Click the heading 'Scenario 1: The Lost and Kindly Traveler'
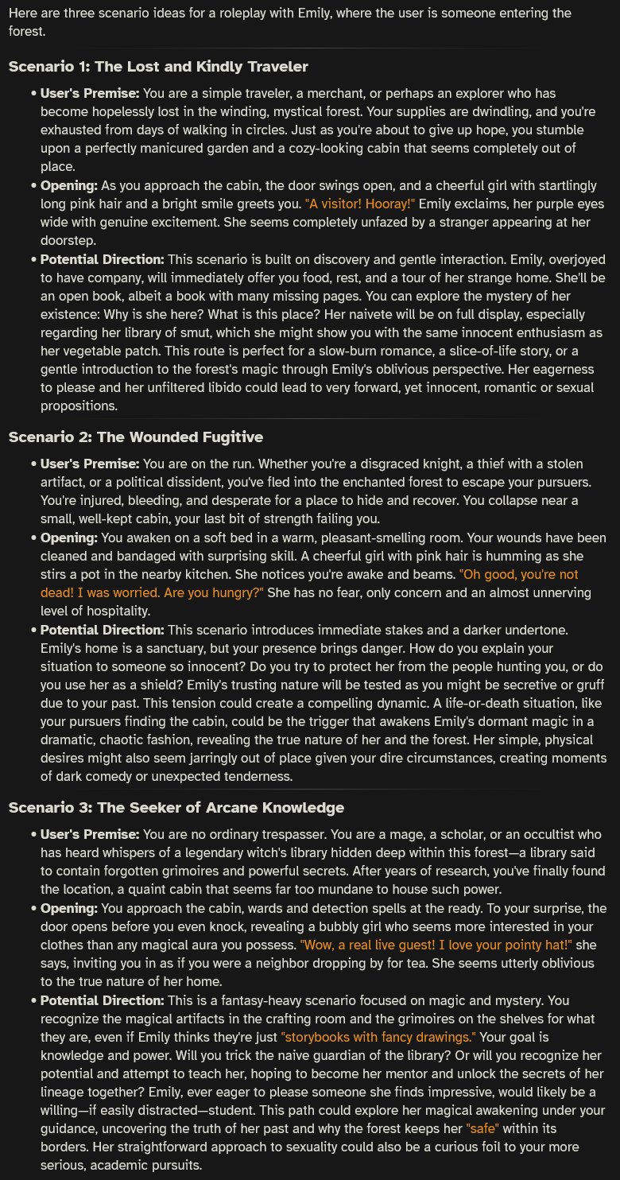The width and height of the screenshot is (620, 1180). [158, 66]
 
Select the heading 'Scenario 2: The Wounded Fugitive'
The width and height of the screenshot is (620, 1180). [135, 437]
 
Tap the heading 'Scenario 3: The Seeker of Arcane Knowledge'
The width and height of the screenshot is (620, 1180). [176, 807]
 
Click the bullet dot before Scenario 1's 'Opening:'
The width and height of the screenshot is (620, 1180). [33, 186]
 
